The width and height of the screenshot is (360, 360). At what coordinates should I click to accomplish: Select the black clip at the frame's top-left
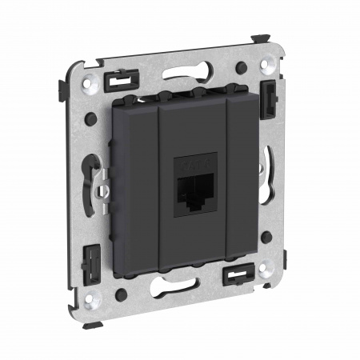point(121,78)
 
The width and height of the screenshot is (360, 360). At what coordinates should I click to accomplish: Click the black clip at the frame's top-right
point(266,95)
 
